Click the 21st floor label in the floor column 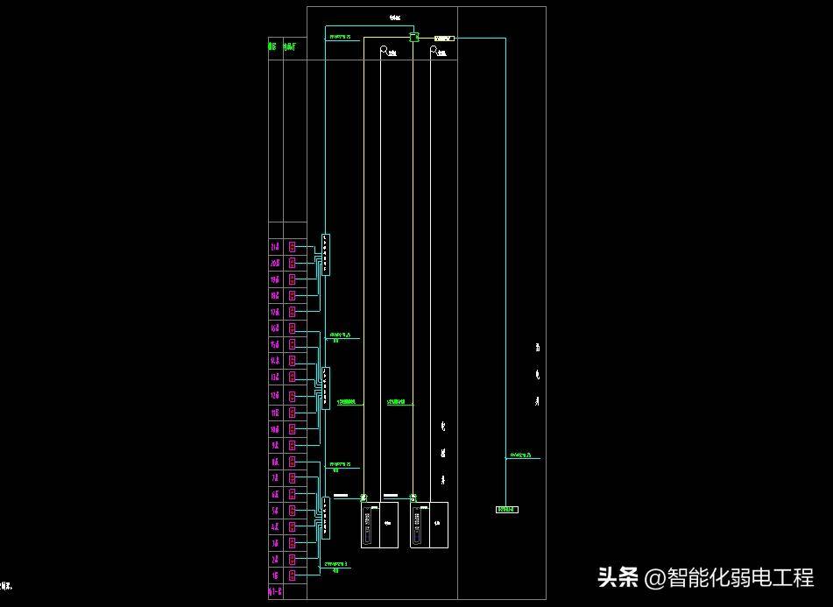[x=275, y=247]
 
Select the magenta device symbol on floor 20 [x=293, y=263]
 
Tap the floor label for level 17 [x=275, y=312]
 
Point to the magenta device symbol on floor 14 [x=293, y=361]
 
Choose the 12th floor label [x=275, y=396]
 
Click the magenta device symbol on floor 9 [x=293, y=445]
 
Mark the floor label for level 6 [x=275, y=494]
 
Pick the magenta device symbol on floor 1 [x=293, y=575]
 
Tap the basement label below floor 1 [x=275, y=592]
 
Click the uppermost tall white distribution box [x=325, y=254]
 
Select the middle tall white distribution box [x=325, y=388]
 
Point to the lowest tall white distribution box [x=325, y=517]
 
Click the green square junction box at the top [x=414, y=38]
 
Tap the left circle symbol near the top [x=384, y=51]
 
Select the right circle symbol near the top [x=433, y=51]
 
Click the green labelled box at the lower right [x=506, y=509]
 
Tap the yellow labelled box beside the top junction [x=442, y=39]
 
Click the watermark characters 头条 [x=618, y=577]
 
